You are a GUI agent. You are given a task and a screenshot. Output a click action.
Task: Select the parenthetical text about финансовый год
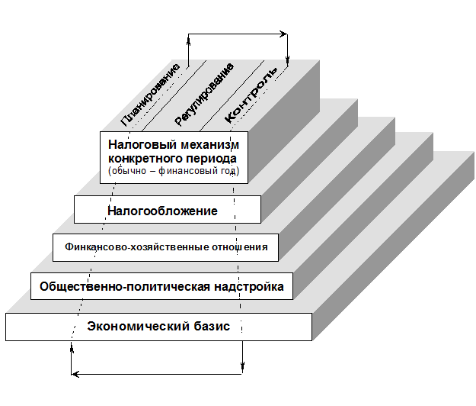point(174,172)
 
